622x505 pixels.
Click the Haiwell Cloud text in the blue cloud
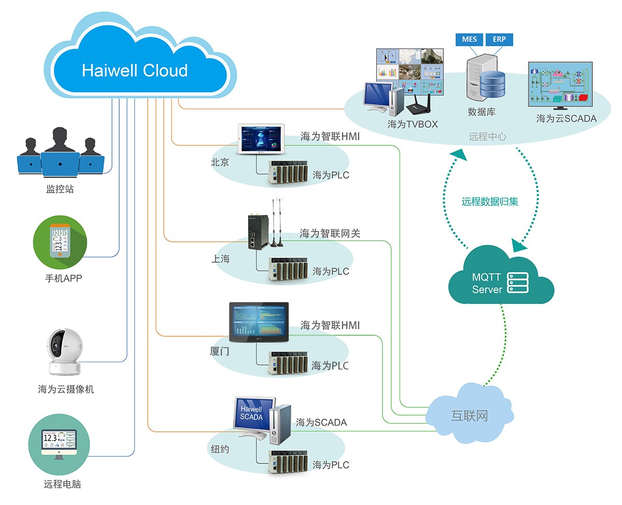pos(135,70)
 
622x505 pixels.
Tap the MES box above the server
pos(469,39)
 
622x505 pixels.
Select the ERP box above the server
pos(499,39)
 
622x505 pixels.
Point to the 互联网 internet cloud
pos(470,416)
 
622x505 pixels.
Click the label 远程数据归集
pos(490,201)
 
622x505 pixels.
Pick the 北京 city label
pos(220,162)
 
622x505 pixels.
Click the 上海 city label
pos(220,258)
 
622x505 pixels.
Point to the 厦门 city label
pos(220,351)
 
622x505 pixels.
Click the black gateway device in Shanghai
pos(255,232)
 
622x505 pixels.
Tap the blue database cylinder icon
pos(492,84)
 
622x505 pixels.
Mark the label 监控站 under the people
pos(60,189)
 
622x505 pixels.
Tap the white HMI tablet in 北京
pos(261,139)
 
